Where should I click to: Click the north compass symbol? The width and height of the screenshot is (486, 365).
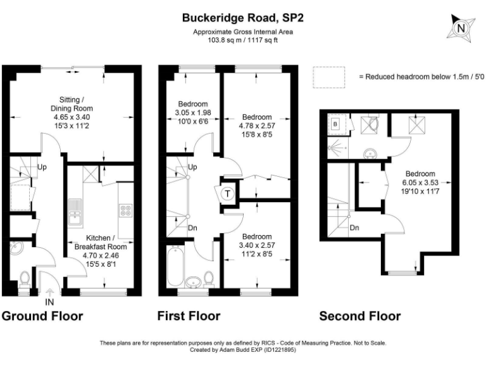[x=461, y=28]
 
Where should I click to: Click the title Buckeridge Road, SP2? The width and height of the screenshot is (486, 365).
[x=243, y=18]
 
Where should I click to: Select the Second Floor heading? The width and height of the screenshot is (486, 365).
[x=359, y=316]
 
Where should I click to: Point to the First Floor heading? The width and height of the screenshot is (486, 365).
[x=189, y=316]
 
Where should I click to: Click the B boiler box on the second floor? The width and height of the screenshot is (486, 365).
[x=335, y=124]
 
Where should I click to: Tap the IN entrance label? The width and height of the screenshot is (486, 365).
[x=50, y=302]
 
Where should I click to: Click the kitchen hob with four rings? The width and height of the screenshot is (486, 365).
[x=124, y=210]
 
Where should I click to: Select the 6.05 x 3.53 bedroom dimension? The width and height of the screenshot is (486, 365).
[x=420, y=182]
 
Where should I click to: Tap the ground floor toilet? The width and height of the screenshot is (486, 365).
[x=24, y=279]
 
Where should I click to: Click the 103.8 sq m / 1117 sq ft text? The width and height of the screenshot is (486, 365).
[x=243, y=40]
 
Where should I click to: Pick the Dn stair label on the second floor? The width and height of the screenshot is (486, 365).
[x=354, y=227]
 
